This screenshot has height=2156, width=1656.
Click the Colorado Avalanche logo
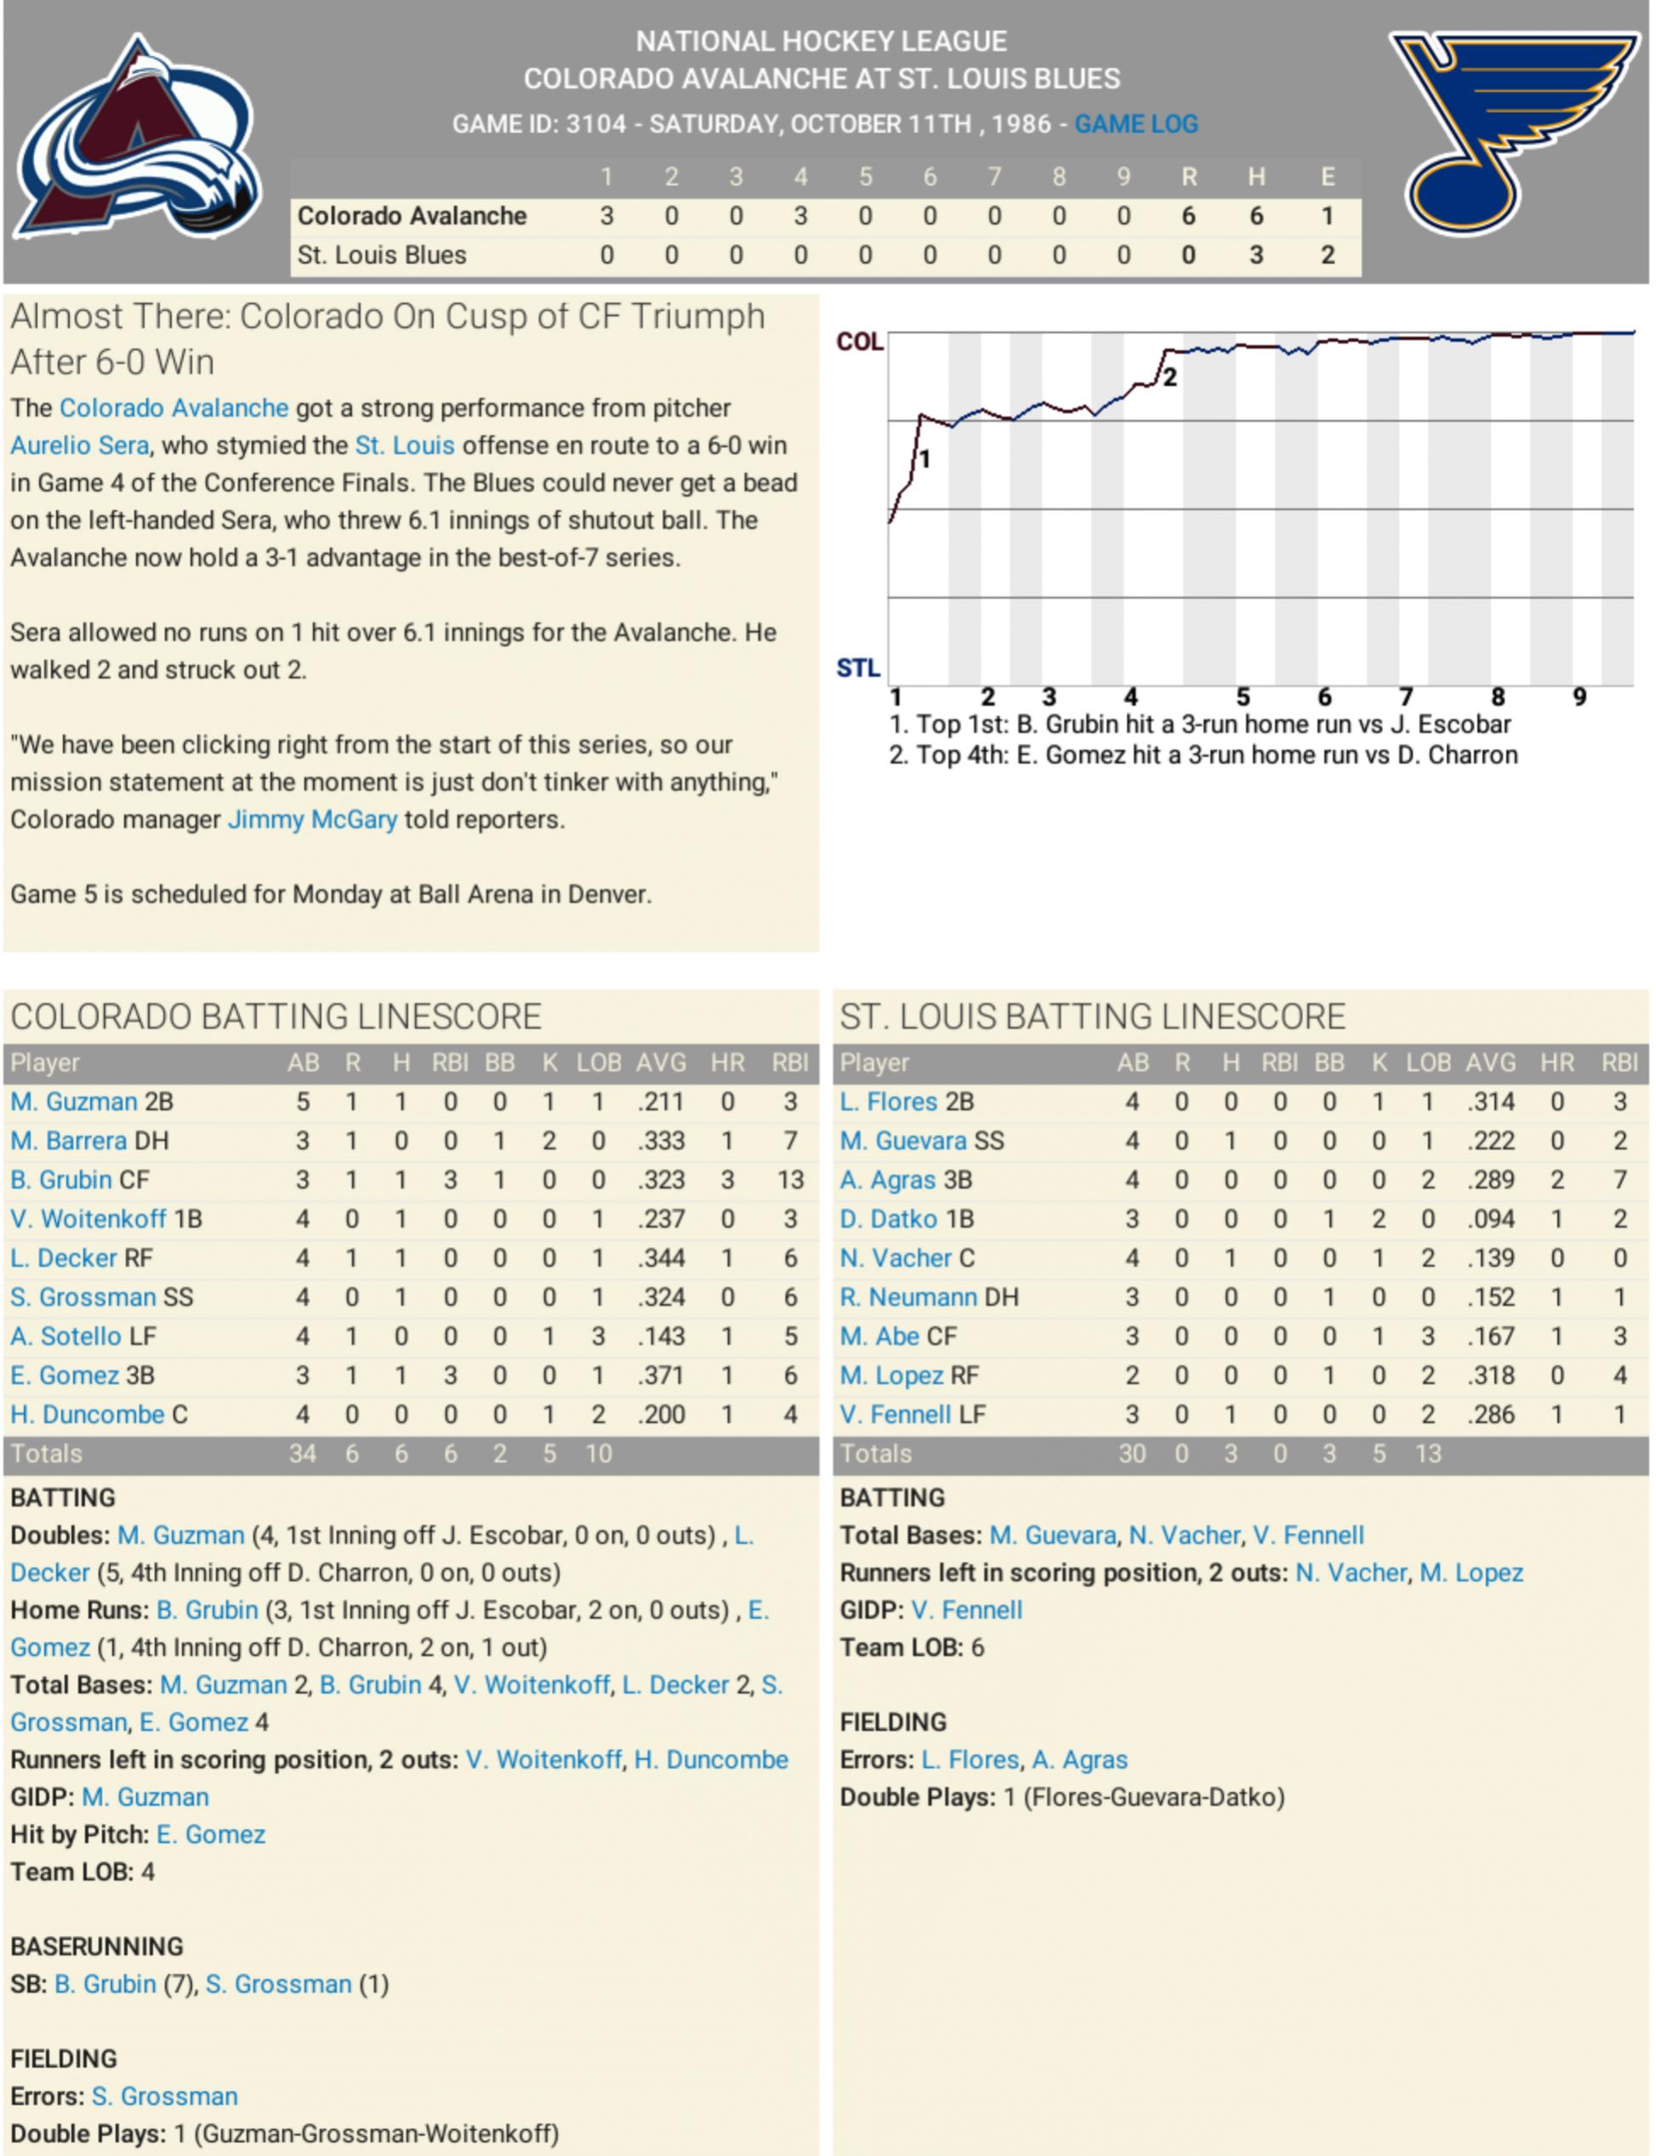pos(138,138)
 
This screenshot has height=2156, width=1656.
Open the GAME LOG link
pos(1135,124)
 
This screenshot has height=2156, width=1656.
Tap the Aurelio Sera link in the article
pos(80,446)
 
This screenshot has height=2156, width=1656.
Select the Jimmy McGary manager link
pos(312,819)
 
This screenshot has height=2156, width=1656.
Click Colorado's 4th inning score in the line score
pos(800,216)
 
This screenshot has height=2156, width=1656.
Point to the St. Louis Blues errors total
pos(1327,255)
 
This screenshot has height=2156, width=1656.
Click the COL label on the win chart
pos(858,342)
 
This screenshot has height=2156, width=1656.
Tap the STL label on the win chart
pos(857,668)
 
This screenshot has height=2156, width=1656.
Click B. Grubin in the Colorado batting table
pos(61,1180)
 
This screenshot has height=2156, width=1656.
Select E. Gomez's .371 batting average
pos(660,1375)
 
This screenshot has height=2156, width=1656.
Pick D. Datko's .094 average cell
pos(1490,1219)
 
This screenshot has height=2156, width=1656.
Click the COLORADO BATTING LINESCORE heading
pos(276,1016)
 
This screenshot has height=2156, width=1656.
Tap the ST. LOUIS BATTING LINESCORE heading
pos(1092,1016)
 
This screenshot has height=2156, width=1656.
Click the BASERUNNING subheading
pos(97,1946)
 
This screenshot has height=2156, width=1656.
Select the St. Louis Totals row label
pos(875,1453)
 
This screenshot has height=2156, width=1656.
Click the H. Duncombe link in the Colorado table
pos(88,1414)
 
